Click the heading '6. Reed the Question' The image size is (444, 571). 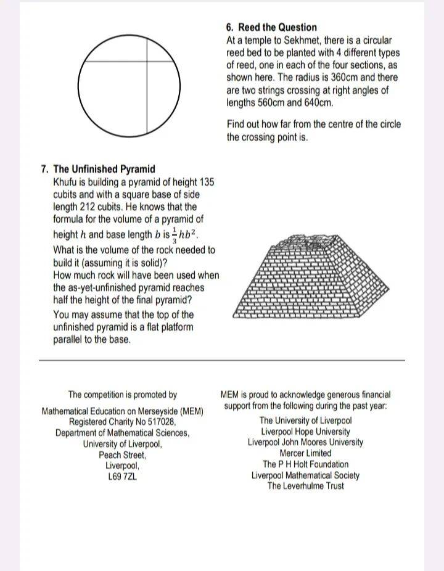[271, 27]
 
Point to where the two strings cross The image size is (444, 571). [147, 61]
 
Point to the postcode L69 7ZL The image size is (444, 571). [122, 477]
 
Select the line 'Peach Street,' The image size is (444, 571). [122, 455]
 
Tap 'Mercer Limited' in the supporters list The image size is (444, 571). [305, 453]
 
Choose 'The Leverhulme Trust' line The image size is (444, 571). [305, 486]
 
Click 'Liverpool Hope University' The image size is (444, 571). [305, 432]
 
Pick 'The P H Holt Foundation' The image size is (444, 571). [305, 464]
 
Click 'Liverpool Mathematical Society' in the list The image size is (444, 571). [305, 475]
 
